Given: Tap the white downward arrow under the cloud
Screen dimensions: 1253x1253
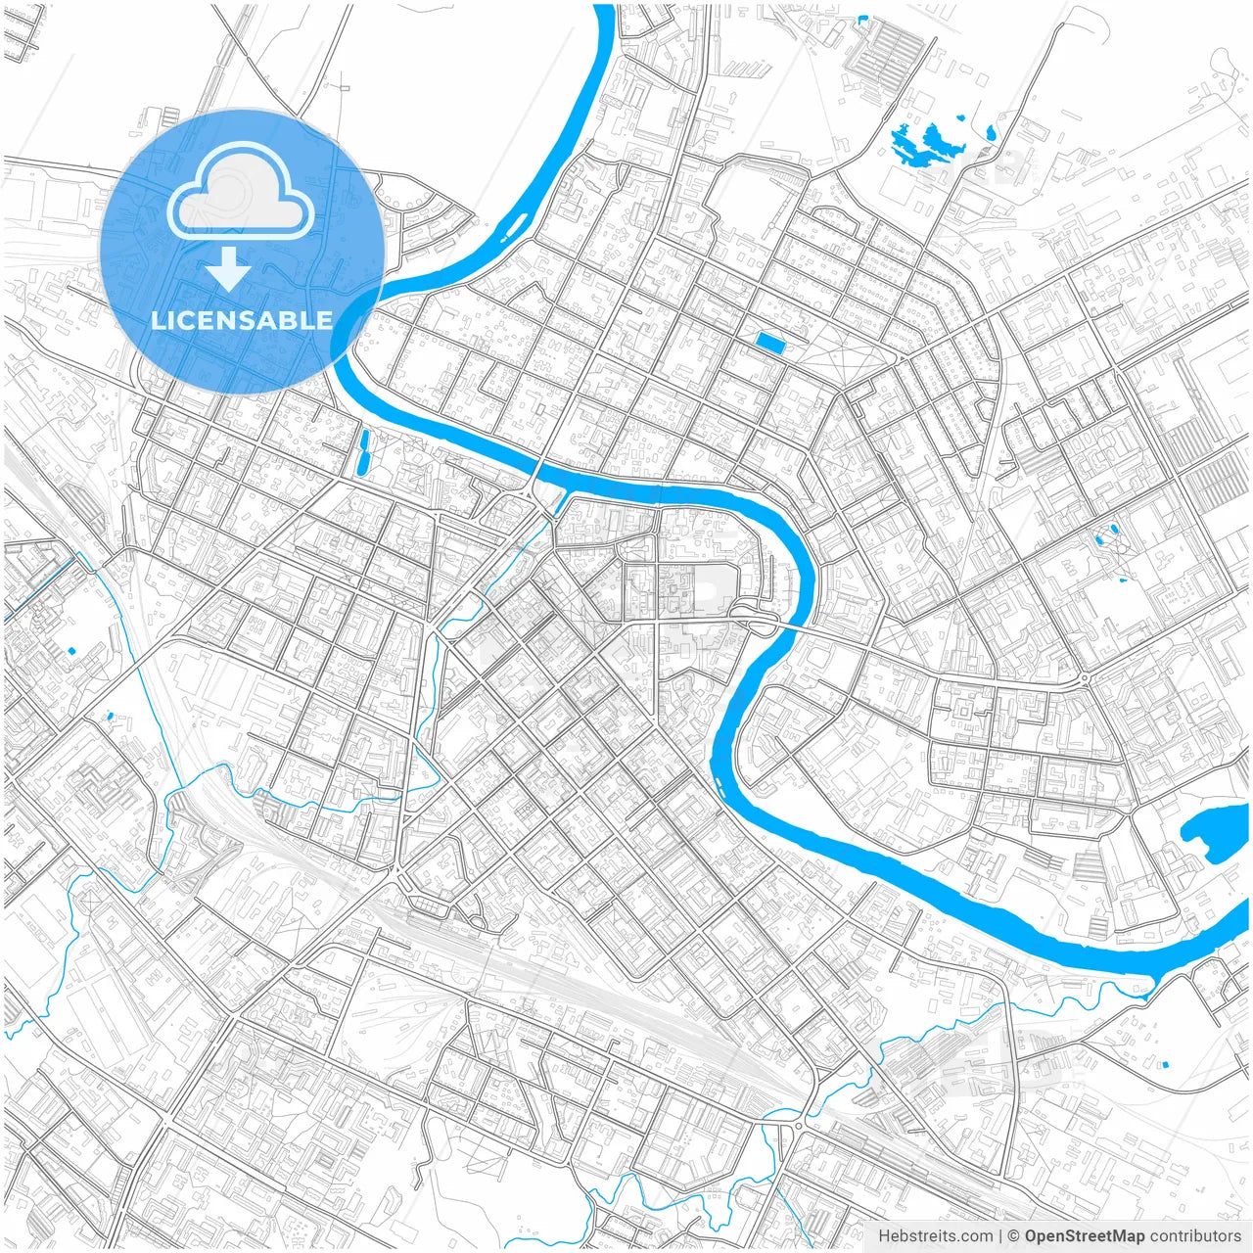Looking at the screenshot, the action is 229,268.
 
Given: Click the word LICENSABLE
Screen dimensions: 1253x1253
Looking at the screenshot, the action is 241,320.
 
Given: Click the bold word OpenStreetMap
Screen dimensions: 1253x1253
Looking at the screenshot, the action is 1084,1236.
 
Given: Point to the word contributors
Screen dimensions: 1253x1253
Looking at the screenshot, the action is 1195,1236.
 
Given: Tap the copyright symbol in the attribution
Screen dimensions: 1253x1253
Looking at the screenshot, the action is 1014,1236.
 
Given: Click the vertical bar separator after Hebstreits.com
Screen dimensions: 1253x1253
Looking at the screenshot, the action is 999,1236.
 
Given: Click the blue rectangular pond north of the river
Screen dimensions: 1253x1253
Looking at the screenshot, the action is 770,342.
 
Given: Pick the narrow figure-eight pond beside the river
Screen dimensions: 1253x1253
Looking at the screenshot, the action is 363,451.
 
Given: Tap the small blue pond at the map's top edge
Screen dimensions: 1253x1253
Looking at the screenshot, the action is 861,18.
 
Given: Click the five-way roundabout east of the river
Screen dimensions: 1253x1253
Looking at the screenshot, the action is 1085,678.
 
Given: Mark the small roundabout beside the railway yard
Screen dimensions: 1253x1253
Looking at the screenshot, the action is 800,1126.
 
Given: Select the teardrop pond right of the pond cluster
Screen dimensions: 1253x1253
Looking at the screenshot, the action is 991,133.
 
